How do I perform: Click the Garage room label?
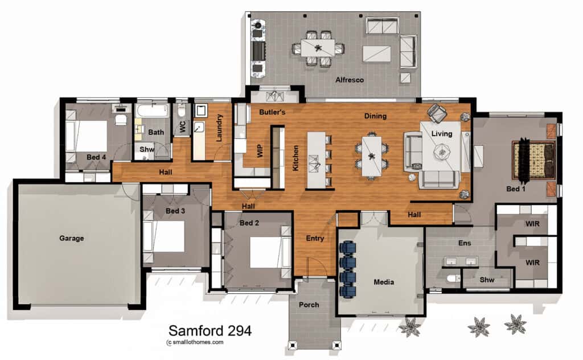click(71, 238)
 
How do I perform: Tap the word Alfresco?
click(349, 80)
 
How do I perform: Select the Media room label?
click(384, 282)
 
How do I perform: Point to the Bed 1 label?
click(516, 189)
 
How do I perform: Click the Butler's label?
click(272, 112)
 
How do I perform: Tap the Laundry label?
click(220, 128)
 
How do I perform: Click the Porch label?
click(309, 305)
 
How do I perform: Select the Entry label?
click(315, 238)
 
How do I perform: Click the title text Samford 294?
click(210, 330)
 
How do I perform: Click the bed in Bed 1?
click(534, 159)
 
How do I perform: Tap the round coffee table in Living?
click(442, 150)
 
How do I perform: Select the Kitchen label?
click(295, 158)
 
